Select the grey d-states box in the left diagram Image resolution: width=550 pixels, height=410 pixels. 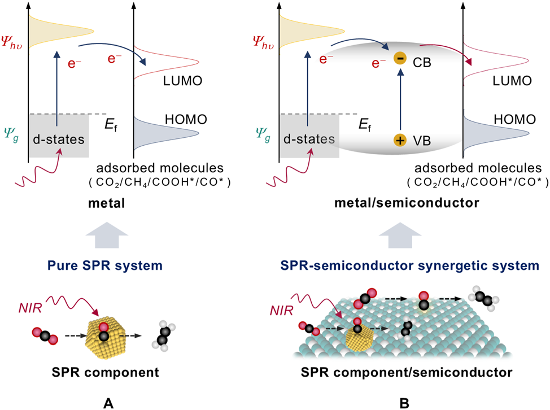pos(56,136)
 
